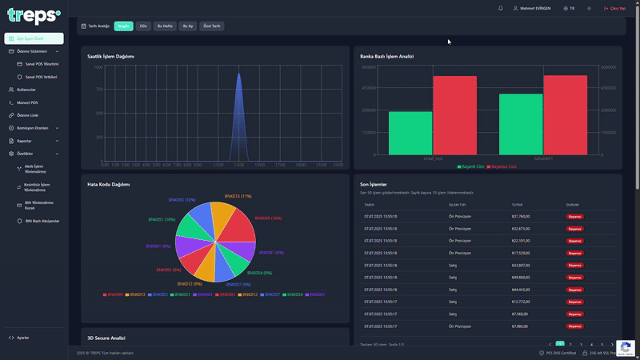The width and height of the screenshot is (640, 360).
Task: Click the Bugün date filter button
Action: point(123,26)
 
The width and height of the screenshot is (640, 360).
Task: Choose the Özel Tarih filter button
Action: point(211,26)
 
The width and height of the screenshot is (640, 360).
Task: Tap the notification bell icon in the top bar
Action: point(501,8)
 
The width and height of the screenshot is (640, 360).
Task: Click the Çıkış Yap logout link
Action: point(615,8)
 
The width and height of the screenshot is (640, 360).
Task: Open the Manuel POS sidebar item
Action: point(27,102)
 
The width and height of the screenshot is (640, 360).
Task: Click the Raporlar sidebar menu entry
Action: point(24,141)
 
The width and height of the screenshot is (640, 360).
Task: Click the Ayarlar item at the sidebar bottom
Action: point(23,338)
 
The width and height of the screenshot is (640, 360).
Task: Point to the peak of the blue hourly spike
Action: point(238,74)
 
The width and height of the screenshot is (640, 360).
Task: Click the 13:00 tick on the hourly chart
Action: point(238,165)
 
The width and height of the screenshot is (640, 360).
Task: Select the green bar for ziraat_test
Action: point(410,133)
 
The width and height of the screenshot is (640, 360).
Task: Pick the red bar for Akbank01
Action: point(565,114)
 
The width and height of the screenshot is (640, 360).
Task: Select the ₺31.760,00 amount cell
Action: point(520,216)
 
